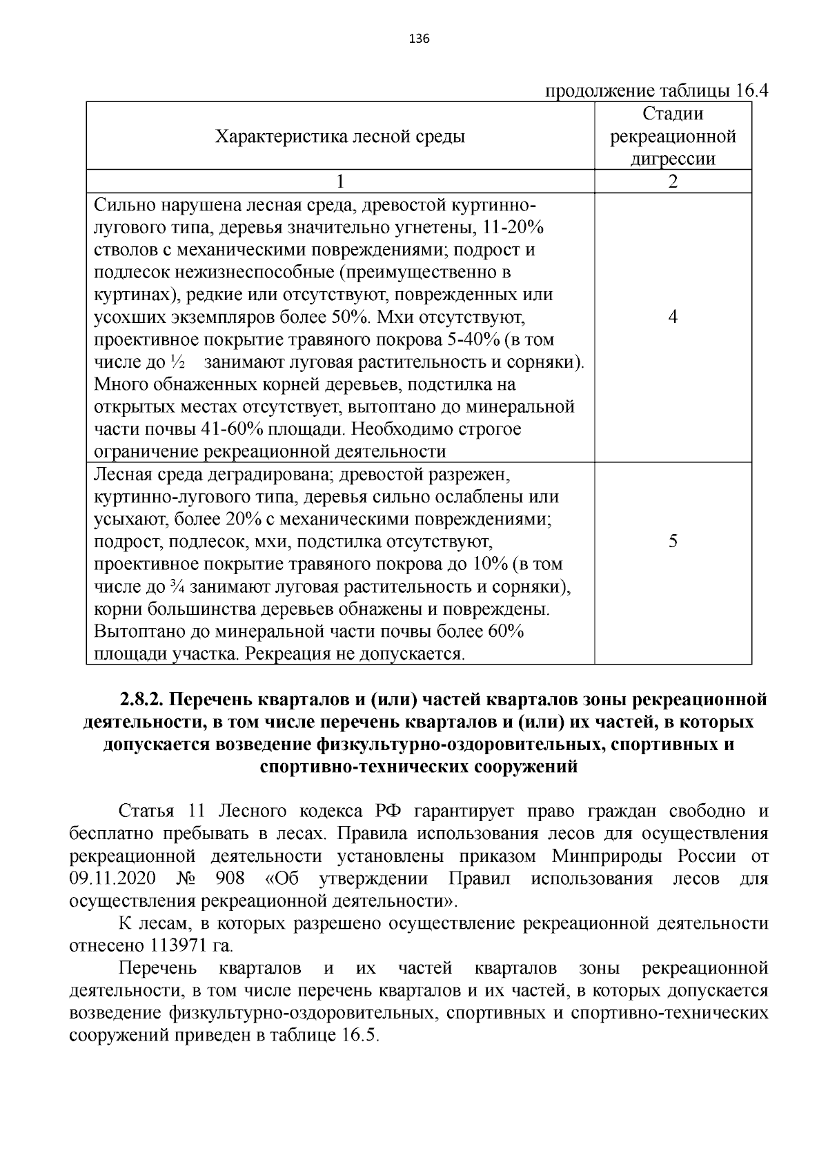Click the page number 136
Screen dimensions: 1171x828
click(420, 39)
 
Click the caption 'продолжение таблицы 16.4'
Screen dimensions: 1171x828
click(657, 92)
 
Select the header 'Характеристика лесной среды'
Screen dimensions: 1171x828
click(340, 136)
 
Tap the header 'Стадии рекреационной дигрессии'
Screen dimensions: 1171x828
click(673, 136)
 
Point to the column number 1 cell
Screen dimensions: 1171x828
click(339, 181)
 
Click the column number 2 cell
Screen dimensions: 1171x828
click(673, 181)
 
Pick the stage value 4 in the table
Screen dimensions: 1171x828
click(673, 317)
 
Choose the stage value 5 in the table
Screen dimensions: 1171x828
click(673, 541)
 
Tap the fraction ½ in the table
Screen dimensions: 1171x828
click(177, 362)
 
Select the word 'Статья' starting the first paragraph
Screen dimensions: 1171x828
click(145, 812)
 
